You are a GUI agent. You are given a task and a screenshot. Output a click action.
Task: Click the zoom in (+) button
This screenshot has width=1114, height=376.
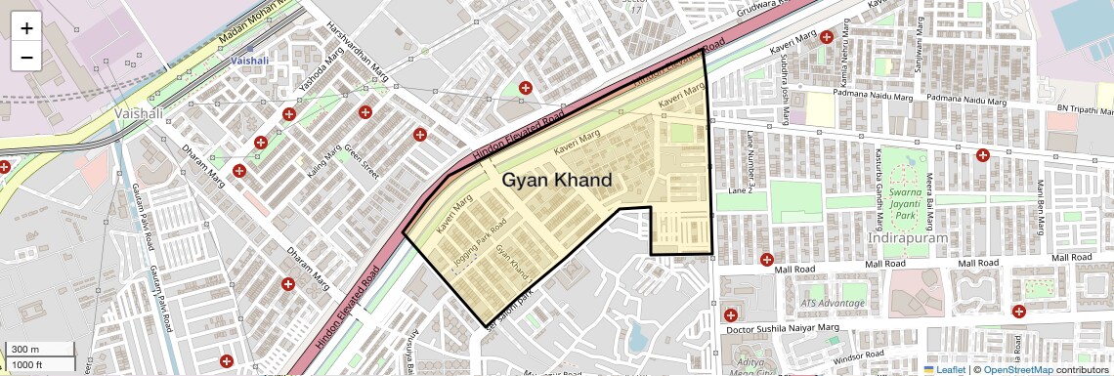pyautogui.click(x=26, y=28)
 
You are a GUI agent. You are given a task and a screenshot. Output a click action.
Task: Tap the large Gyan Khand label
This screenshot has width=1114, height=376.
pyautogui.click(x=557, y=181)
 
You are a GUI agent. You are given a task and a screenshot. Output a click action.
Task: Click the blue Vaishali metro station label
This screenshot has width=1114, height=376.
pyautogui.click(x=250, y=60)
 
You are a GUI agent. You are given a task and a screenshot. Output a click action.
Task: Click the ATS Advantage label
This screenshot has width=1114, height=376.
pyautogui.click(x=835, y=303)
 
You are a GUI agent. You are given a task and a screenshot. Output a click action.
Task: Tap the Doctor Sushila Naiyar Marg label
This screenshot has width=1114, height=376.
pyautogui.click(x=785, y=328)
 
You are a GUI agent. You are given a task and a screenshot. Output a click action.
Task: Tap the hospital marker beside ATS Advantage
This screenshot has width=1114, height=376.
pyautogui.click(x=731, y=314)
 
